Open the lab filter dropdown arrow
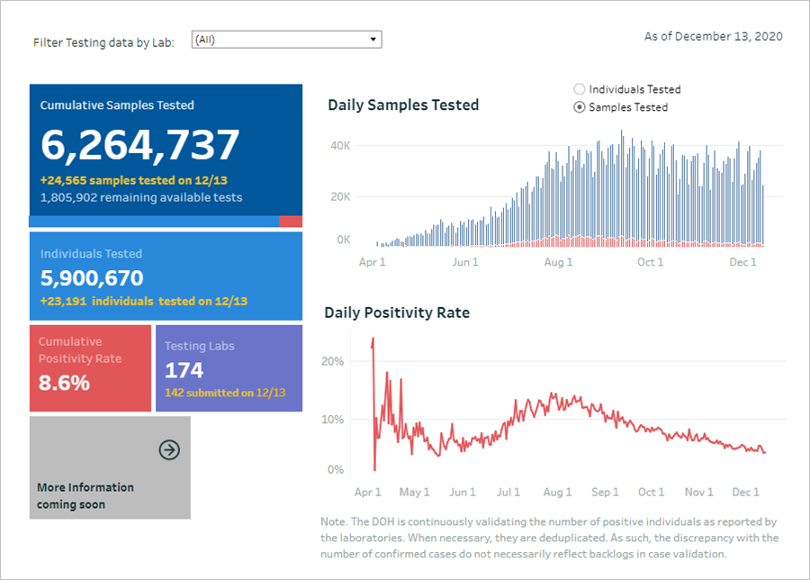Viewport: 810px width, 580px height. (373, 40)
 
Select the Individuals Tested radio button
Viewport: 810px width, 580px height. (579, 89)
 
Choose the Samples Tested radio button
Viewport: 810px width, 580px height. (579, 107)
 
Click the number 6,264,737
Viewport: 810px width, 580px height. (140, 145)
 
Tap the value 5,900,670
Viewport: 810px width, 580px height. (92, 278)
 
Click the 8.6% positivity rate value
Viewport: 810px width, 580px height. (64, 383)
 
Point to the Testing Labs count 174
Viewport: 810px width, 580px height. (184, 370)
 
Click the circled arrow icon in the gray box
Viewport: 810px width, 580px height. (169, 449)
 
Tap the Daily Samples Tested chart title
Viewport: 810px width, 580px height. (403, 105)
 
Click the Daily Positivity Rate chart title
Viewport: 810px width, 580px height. (397, 313)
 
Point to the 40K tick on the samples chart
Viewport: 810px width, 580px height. (339, 146)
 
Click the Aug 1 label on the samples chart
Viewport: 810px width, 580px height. (558, 262)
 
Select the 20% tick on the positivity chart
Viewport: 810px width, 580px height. (333, 361)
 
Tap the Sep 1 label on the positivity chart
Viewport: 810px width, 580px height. (605, 493)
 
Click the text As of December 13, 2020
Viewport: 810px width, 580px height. (713, 37)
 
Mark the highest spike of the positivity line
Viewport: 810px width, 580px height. (373, 340)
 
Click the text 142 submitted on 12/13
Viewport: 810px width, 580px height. (225, 393)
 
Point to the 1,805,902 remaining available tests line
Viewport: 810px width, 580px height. (141, 197)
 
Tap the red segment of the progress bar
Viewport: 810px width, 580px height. (290, 222)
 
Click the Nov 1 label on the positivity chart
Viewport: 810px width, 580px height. (698, 493)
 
